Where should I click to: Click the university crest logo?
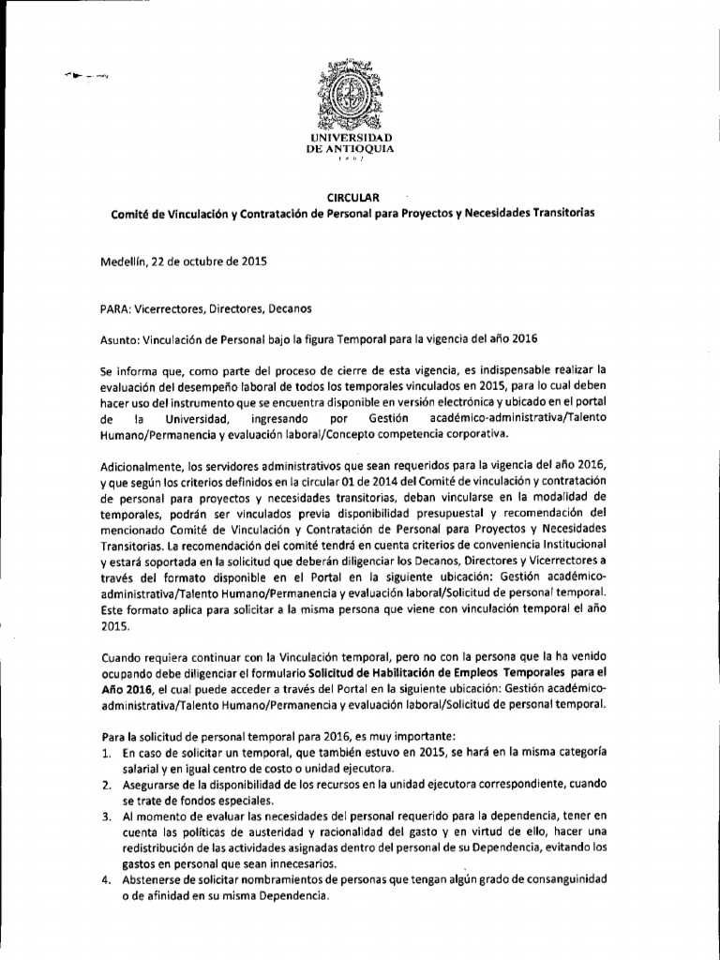pos(352,94)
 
